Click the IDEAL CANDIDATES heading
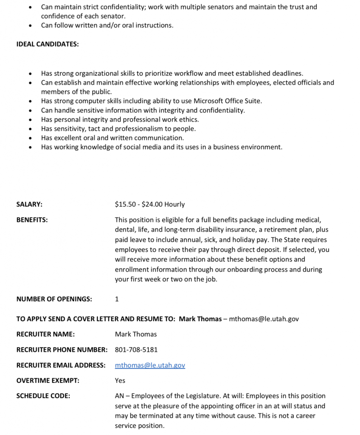[48, 44]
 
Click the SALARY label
[29, 204]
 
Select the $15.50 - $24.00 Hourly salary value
[150, 204]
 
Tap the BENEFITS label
[32, 220]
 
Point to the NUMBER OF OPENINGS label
[54, 299]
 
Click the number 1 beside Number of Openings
[117, 299]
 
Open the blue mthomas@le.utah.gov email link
[150, 365]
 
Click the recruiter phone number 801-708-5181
[136, 350]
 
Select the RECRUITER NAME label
[45, 334]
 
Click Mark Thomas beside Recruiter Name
[136, 334]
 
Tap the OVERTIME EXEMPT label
[48, 381]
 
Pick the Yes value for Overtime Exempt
[120, 381]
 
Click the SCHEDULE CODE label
[43, 396]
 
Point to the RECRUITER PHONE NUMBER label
[62, 350]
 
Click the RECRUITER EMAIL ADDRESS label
[61, 365]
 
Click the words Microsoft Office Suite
[228, 101]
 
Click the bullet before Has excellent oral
[30, 138]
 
